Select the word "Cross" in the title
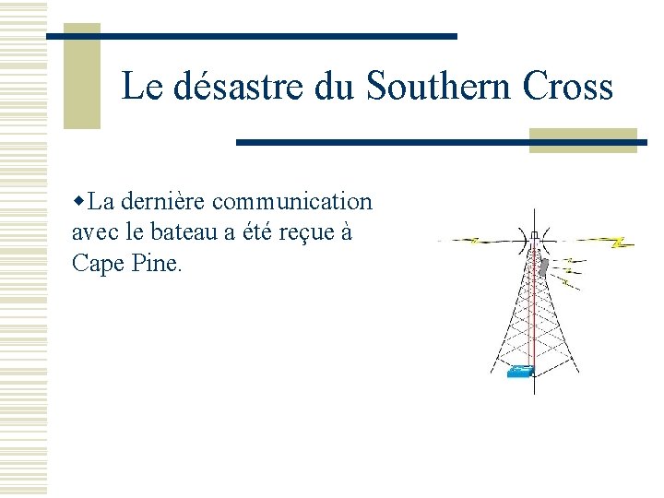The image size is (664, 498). [x=567, y=87]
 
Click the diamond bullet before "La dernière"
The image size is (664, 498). [x=79, y=201]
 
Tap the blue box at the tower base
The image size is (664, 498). [x=521, y=372]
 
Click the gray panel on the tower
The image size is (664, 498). [x=545, y=267]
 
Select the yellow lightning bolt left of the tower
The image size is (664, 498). [x=474, y=242]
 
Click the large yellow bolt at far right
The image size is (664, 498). [x=621, y=243]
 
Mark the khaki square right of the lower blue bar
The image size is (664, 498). [x=583, y=140]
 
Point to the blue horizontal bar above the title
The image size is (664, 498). [x=252, y=36]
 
